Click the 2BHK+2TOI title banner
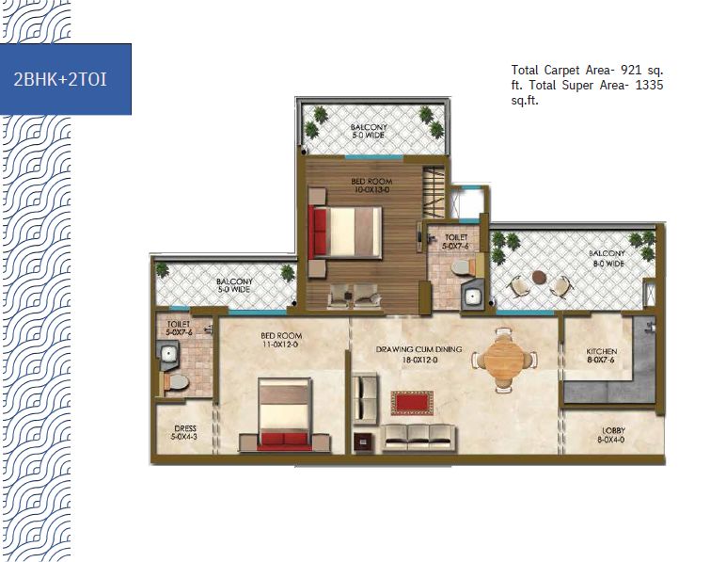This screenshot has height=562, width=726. coord(65,79)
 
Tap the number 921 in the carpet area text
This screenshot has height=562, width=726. coord(632,70)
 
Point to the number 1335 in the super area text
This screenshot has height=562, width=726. coord(649,86)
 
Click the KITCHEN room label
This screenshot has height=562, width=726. coord(602,352)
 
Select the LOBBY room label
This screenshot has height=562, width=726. coord(614,430)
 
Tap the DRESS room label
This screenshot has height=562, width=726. coord(185,428)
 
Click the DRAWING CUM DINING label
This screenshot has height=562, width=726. coord(418,349)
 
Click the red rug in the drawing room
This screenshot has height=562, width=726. coord(412,403)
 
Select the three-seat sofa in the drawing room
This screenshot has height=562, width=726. coord(419,438)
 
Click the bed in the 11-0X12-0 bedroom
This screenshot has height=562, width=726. coord(285,413)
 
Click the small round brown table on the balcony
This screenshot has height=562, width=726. coord(540,277)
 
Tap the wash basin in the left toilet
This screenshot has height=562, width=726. coord(168,355)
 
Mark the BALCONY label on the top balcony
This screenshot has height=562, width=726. coord(369,127)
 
